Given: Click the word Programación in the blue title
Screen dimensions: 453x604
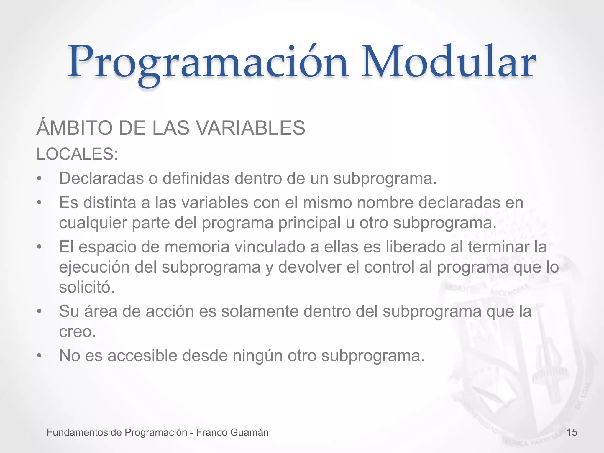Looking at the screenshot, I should point(208,63).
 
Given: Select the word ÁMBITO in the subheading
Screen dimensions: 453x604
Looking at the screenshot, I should point(75,128).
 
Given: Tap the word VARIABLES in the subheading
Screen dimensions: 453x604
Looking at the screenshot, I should point(250,128).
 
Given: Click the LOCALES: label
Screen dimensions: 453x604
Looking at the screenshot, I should point(77,154).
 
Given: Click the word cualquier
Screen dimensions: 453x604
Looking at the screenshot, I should point(93,223).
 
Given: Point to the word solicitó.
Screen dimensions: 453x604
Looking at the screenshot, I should point(86,287).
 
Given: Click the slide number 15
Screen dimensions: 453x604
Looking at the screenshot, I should point(572,433).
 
